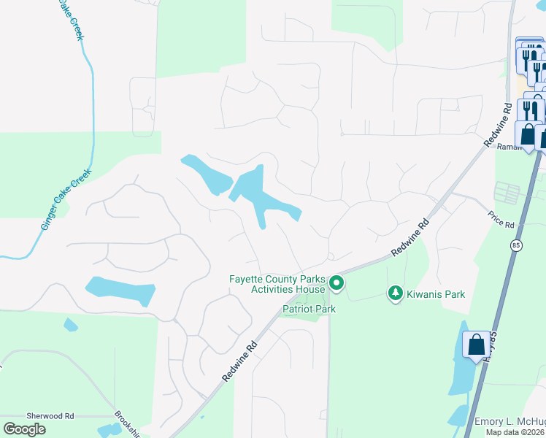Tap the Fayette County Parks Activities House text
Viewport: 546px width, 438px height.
[277, 283]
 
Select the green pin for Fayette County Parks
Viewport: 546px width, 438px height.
[336, 282]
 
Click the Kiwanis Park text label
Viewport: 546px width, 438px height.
[436, 294]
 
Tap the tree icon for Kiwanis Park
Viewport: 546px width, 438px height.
[395, 293]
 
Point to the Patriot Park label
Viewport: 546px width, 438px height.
[309, 310]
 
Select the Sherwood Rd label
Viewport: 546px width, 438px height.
[50, 415]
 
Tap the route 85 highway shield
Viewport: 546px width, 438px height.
[516, 244]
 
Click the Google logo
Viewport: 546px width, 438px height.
[24, 429]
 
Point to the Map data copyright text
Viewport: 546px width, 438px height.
[515, 432]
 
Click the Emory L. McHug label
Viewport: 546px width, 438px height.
[510, 422]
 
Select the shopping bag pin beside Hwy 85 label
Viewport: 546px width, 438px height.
[476, 345]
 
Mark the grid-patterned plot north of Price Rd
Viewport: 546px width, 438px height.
[507, 192]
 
